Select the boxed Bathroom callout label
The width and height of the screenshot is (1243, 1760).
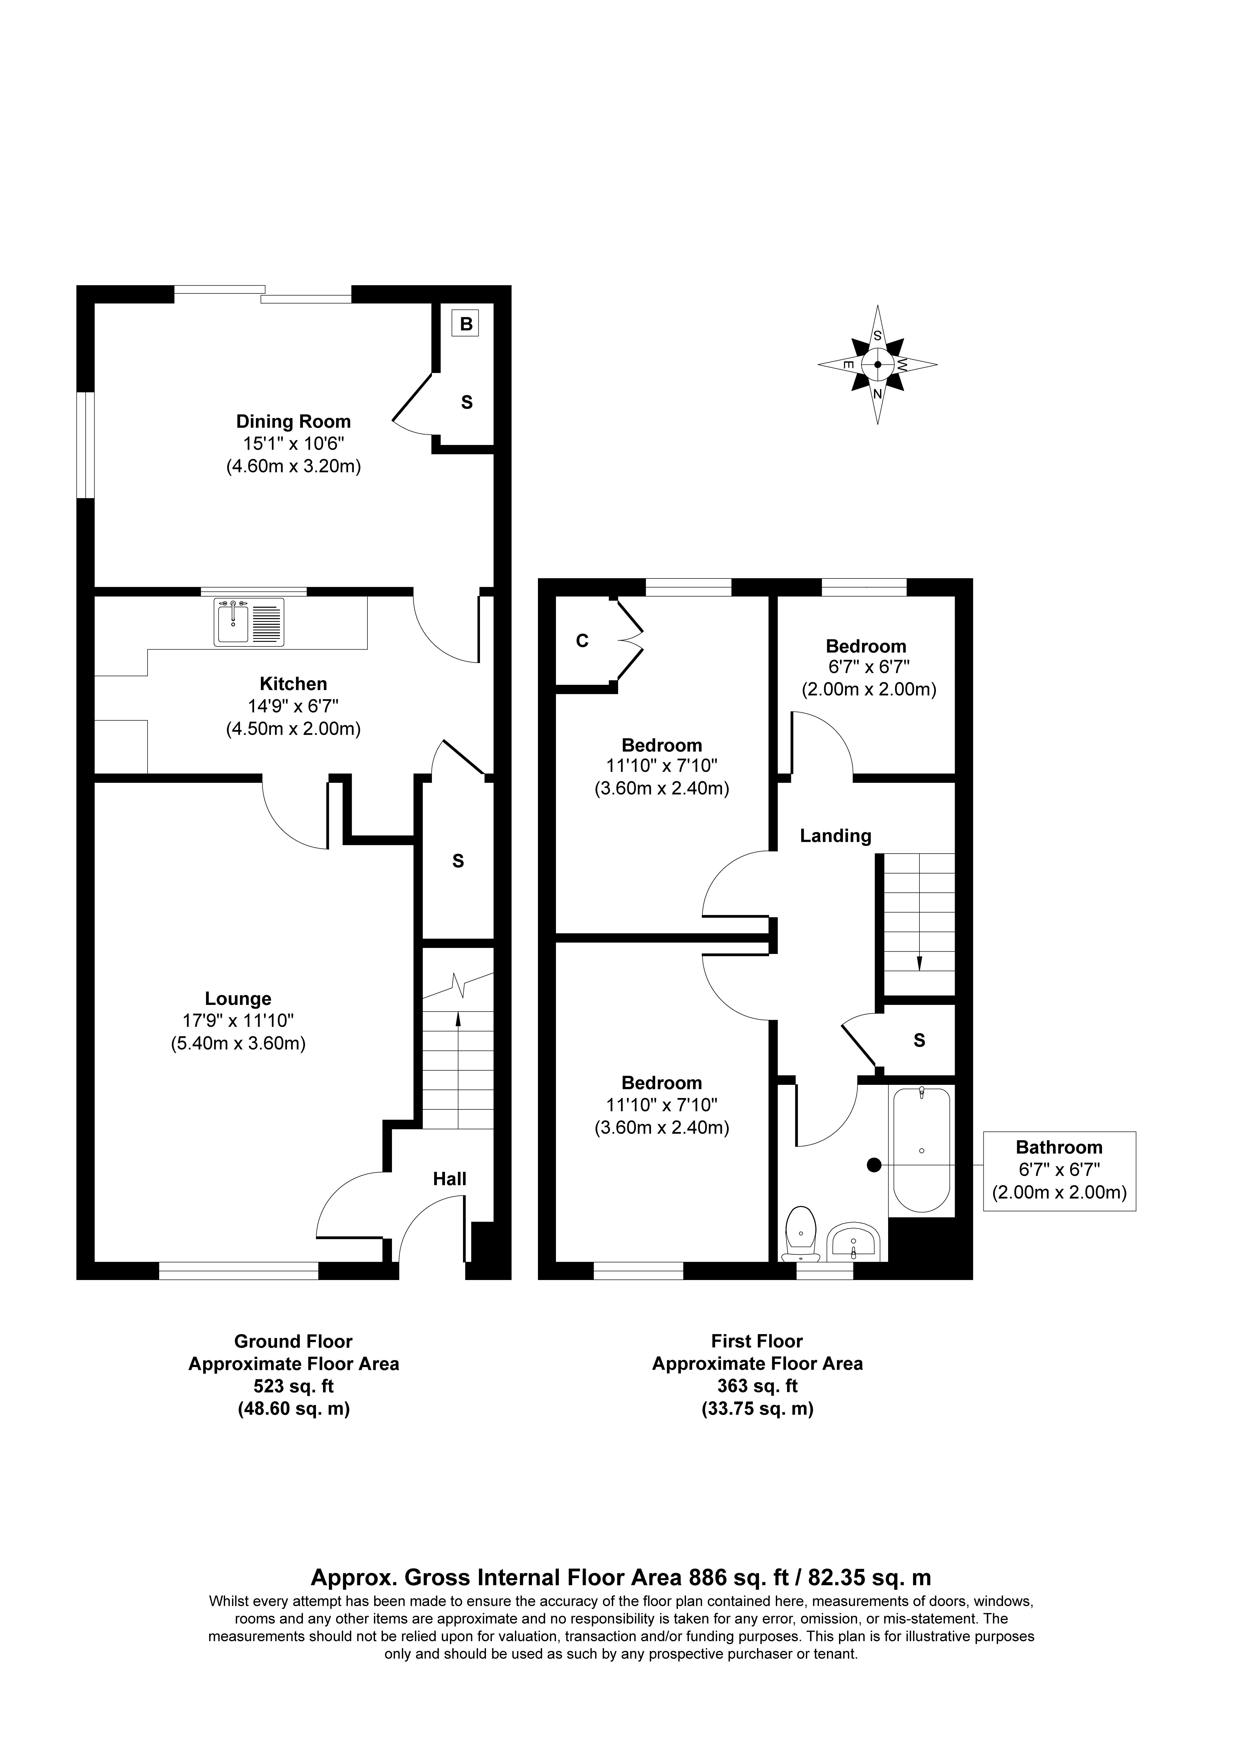click(x=1059, y=1171)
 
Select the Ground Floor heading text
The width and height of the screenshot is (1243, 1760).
click(x=294, y=1341)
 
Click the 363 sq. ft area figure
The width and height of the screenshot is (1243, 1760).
click(x=757, y=1386)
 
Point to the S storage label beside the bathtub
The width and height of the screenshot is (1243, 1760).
click(x=920, y=1040)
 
